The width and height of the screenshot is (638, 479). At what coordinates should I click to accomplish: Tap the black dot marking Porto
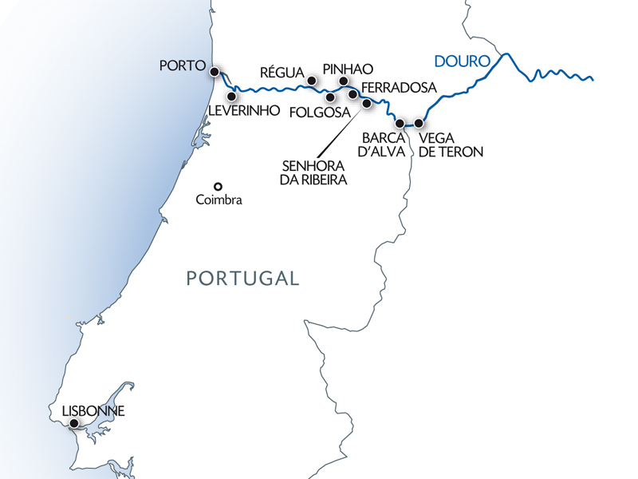point(215,72)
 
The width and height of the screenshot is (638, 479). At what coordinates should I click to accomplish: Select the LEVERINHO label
point(244,112)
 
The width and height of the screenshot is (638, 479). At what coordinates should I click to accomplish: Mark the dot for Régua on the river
point(312,81)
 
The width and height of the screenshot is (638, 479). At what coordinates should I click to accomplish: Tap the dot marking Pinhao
point(344,81)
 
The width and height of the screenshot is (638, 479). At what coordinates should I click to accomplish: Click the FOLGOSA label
point(319,113)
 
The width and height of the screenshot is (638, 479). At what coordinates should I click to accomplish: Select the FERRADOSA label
point(399,87)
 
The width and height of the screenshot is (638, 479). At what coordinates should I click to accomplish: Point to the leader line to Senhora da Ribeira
point(342,127)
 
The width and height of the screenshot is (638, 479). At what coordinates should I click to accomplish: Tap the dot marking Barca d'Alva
point(400,124)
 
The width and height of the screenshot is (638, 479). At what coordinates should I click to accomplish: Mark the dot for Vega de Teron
point(419,124)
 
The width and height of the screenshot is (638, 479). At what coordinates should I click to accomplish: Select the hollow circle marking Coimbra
point(217,187)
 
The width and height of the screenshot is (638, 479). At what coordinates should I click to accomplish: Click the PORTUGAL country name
point(242,279)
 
